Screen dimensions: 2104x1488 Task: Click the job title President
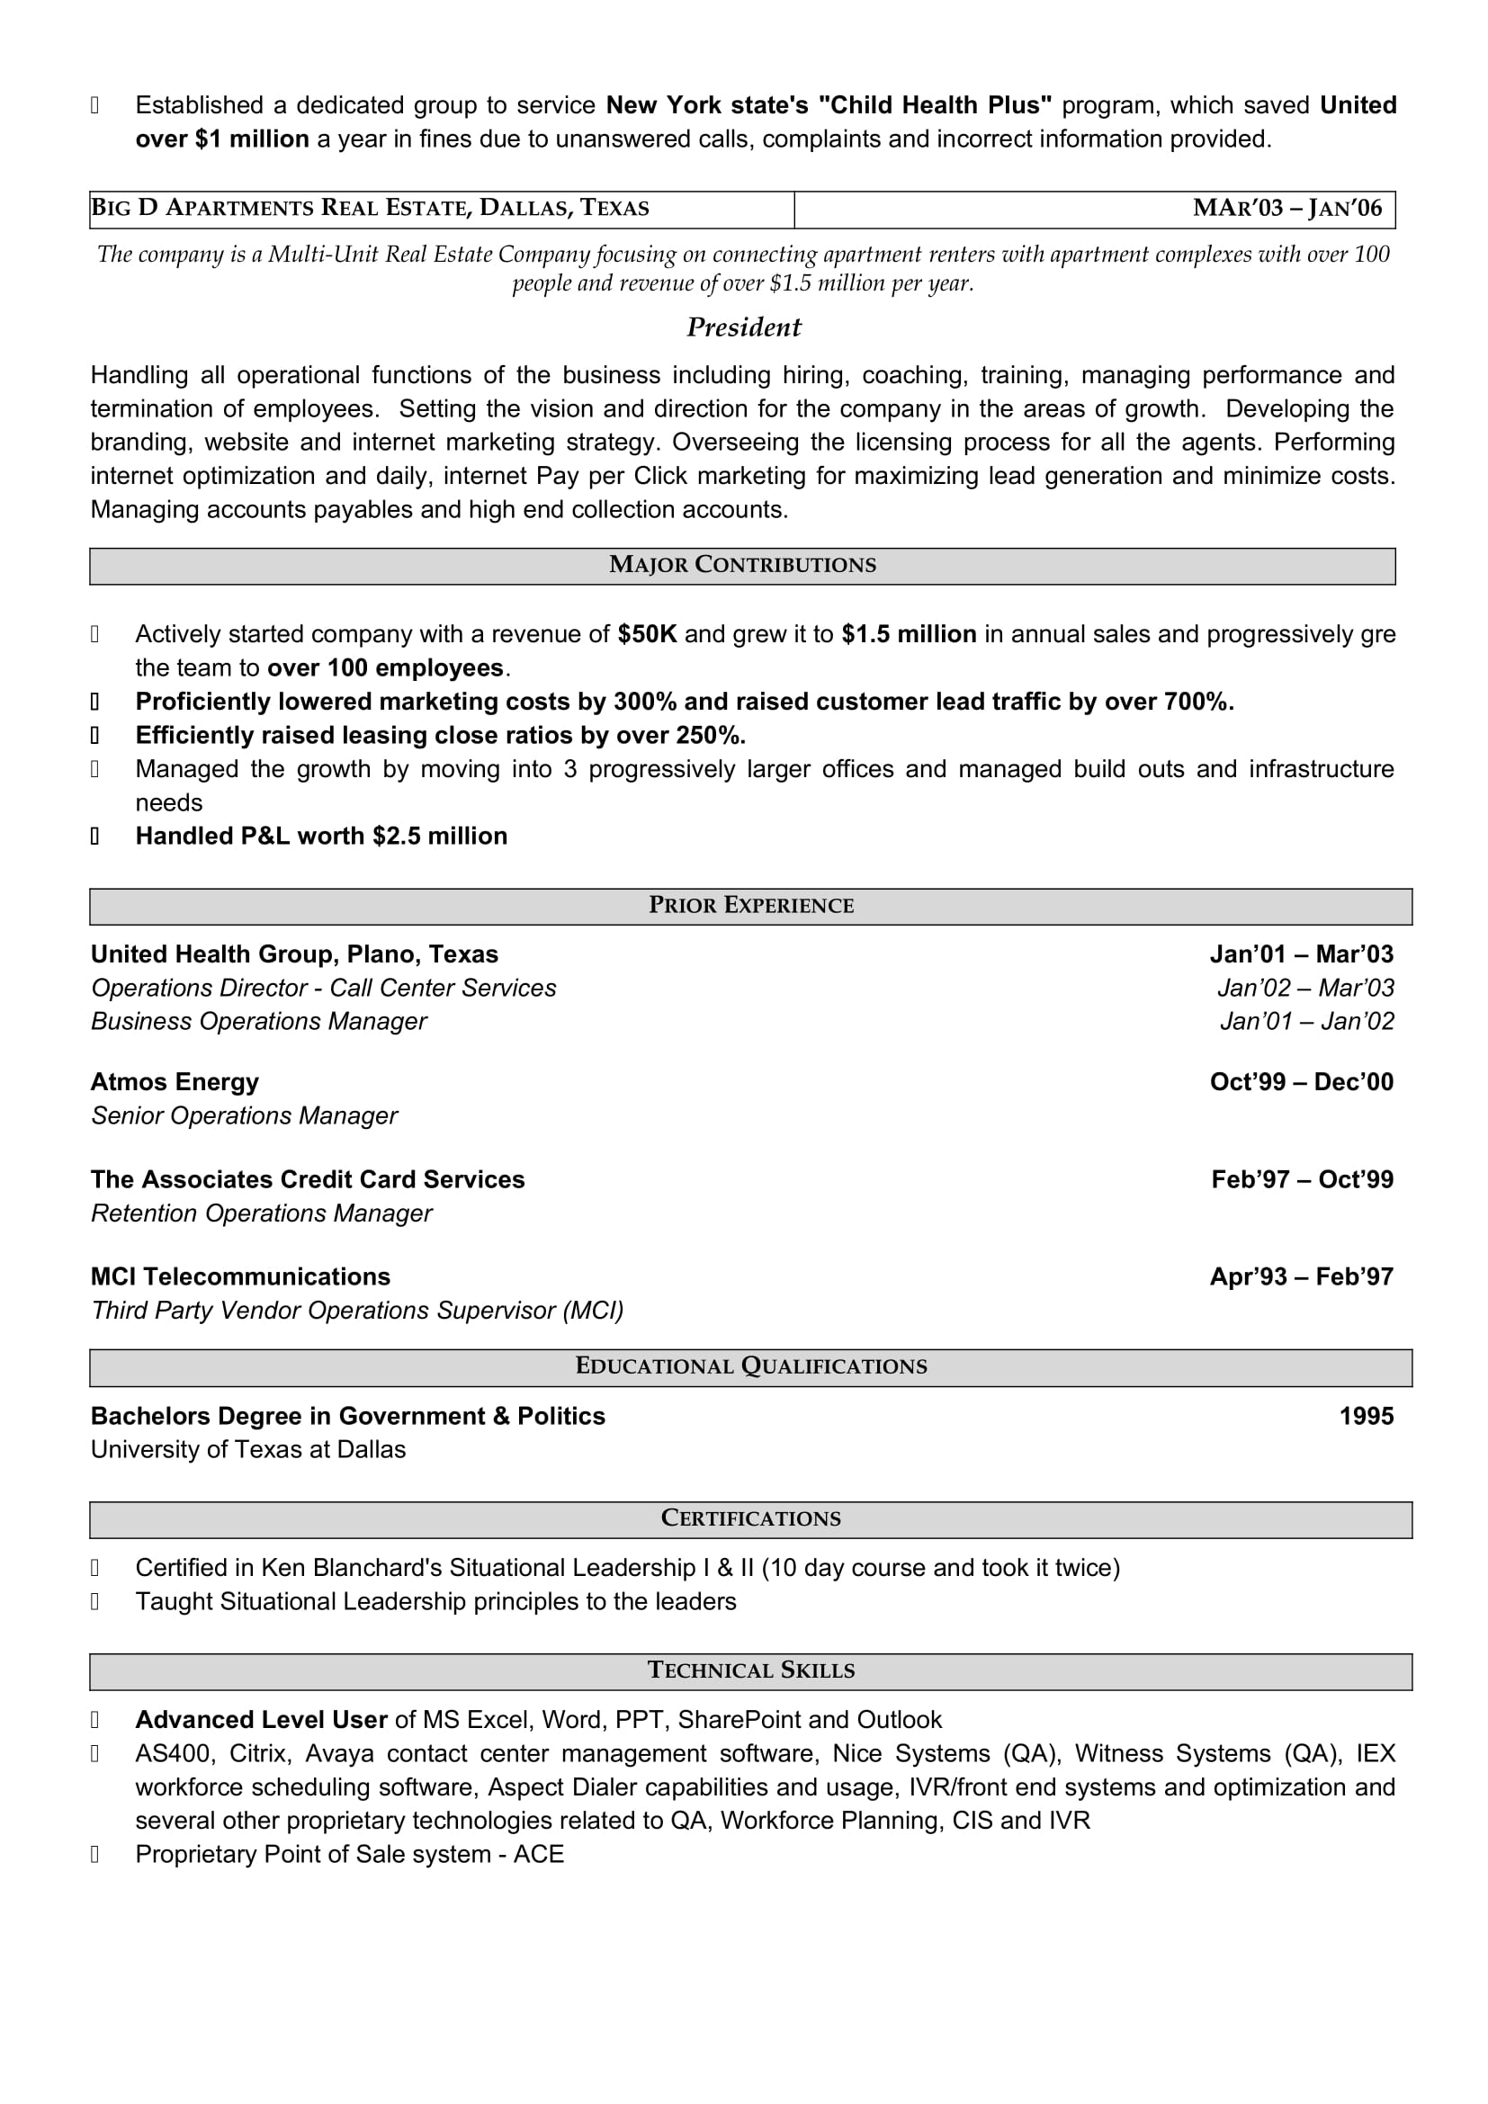[x=743, y=327]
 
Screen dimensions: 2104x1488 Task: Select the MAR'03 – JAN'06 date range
[x=1286, y=208]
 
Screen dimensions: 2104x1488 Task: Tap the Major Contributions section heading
[x=742, y=565]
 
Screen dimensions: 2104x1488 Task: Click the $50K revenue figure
[x=647, y=634]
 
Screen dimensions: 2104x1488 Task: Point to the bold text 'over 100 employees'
[x=385, y=668]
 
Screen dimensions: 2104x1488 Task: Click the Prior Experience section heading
[x=750, y=906]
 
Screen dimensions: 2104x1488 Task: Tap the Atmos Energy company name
[x=175, y=1082]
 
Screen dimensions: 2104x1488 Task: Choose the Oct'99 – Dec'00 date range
[x=1301, y=1082]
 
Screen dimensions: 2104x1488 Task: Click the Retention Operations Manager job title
[x=261, y=1213]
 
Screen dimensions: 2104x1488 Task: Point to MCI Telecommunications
[x=240, y=1276]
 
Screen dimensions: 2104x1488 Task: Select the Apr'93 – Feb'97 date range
[x=1301, y=1276]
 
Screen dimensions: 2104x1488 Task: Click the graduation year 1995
[x=1367, y=1416]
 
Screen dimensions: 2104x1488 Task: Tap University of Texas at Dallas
[x=247, y=1450]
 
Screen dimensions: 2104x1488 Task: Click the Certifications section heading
[x=750, y=1518]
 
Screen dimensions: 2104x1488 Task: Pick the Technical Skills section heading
[x=750, y=1670]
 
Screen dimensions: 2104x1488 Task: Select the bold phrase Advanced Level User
[x=261, y=1720]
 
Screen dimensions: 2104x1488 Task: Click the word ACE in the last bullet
[x=539, y=1855]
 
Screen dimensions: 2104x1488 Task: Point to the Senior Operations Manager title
[x=244, y=1116]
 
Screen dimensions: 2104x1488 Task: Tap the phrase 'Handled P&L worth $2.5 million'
[x=320, y=837]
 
